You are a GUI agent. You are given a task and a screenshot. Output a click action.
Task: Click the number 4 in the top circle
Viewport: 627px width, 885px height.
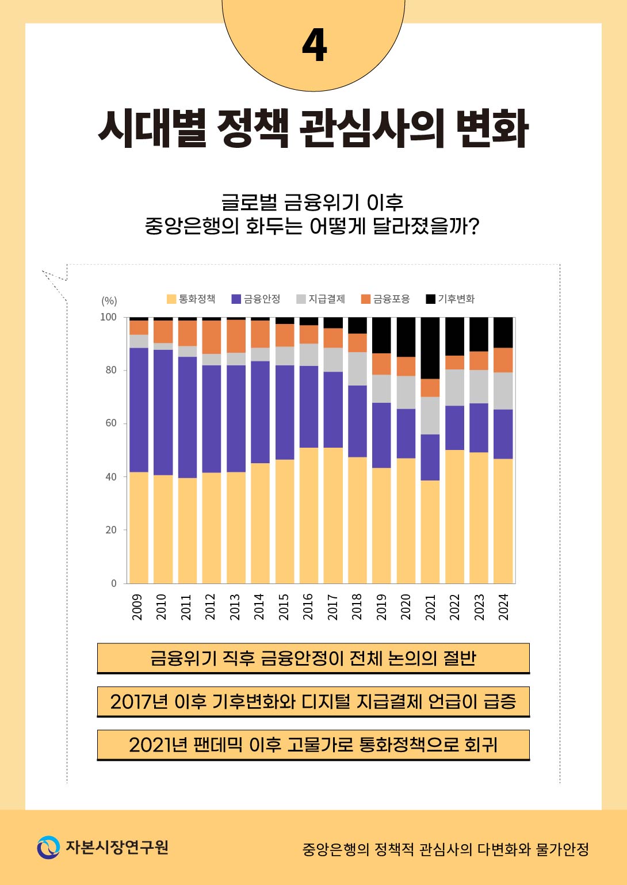point(314,45)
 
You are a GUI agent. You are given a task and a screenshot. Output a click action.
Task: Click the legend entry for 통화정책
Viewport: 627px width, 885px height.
point(191,299)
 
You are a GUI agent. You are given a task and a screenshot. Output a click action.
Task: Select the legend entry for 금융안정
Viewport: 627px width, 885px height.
point(256,299)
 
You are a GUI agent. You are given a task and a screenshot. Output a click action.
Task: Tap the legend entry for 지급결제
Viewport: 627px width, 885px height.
point(320,299)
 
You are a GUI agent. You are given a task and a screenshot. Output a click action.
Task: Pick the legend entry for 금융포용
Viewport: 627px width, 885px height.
point(385,299)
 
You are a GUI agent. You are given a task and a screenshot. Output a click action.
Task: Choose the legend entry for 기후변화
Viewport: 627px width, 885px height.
point(450,299)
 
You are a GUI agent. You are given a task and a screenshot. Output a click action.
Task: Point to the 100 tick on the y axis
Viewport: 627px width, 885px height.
point(108,317)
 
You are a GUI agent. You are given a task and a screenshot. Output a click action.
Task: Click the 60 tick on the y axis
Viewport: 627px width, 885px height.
point(110,424)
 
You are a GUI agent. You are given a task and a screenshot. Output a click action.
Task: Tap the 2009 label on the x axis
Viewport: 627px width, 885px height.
point(137,607)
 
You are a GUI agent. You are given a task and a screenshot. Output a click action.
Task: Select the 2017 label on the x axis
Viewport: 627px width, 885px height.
point(332,607)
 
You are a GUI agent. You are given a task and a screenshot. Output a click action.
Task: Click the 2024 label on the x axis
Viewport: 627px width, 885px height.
point(504,607)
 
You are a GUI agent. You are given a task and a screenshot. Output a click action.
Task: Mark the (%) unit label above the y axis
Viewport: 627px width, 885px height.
point(109,301)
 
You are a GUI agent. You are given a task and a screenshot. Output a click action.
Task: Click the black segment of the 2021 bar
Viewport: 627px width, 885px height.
point(430,348)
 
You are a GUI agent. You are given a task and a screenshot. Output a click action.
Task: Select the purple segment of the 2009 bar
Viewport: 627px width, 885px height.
point(139,410)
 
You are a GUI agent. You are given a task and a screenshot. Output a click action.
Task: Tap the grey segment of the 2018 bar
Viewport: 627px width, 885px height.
point(357,369)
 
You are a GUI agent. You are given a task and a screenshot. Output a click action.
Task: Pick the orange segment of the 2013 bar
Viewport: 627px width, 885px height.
point(236,336)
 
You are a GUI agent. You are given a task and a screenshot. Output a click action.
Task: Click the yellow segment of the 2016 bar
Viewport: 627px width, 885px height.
point(309,515)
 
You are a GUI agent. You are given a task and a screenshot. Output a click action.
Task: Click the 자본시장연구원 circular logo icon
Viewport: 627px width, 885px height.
point(48,848)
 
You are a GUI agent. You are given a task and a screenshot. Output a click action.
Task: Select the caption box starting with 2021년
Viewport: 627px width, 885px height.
point(313,745)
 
